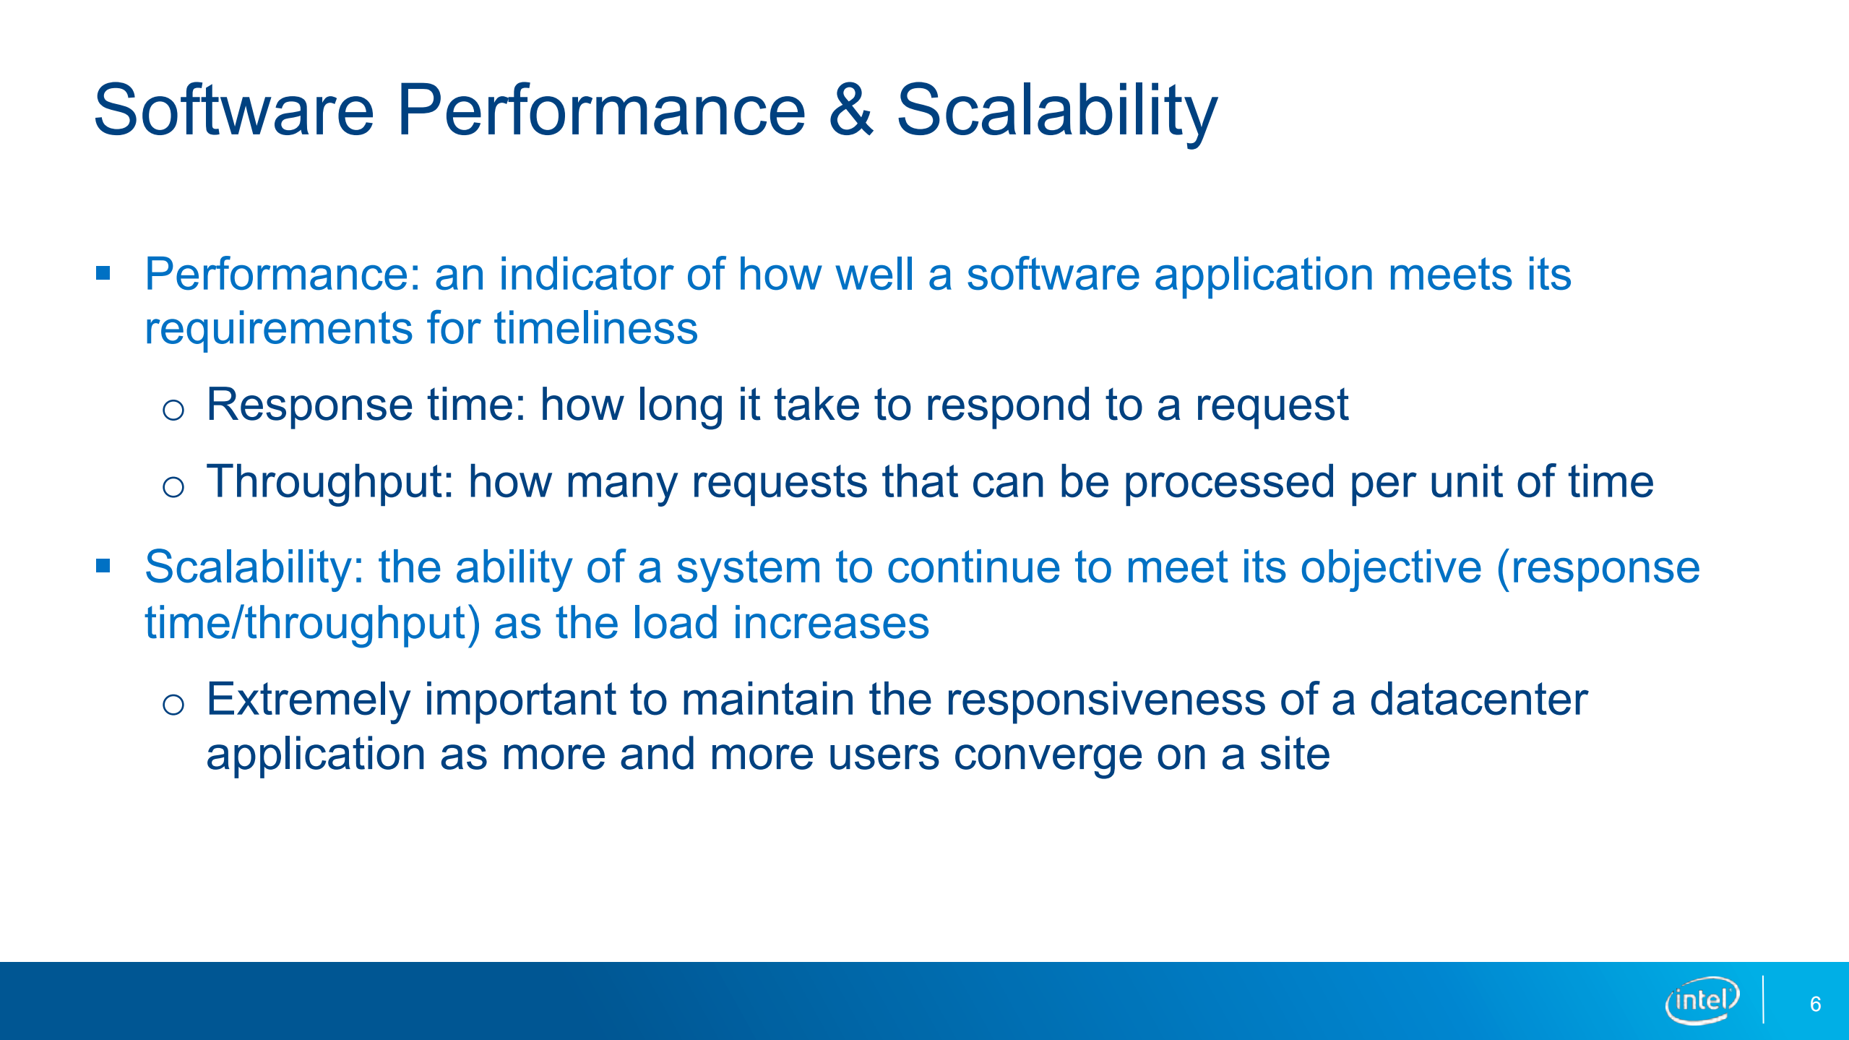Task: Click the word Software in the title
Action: pyautogui.click(x=234, y=110)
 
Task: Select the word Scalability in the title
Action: pyautogui.click(x=1057, y=113)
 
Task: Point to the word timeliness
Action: pyautogui.click(x=595, y=329)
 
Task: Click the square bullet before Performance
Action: pyautogui.click(x=103, y=273)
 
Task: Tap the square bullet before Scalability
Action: pyautogui.click(x=103, y=566)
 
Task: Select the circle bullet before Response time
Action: pyautogui.click(x=173, y=411)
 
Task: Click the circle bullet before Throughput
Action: pyautogui.click(x=173, y=487)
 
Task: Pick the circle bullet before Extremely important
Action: pyautogui.click(x=173, y=704)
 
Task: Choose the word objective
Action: pyautogui.click(x=1391, y=567)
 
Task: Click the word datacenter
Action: pyautogui.click(x=1479, y=700)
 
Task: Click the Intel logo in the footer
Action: pyautogui.click(x=1702, y=1000)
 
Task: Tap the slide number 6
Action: pyautogui.click(x=1815, y=1004)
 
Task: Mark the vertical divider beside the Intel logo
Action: pyautogui.click(x=1763, y=1000)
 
